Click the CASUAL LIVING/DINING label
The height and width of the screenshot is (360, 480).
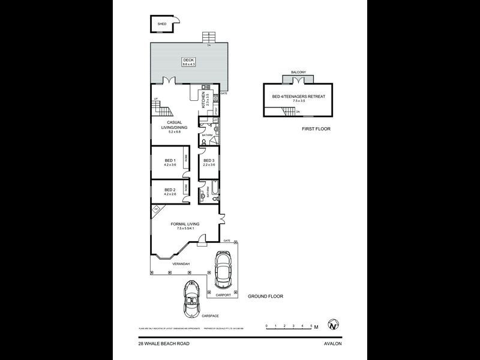click(x=174, y=127)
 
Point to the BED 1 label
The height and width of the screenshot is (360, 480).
click(x=170, y=160)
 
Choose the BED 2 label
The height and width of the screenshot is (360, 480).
click(x=170, y=190)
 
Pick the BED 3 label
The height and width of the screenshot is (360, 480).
click(x=209, y=161)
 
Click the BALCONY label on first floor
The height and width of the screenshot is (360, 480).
click(x=299, y=73)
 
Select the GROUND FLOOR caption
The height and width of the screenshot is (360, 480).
click(x=267, y=296)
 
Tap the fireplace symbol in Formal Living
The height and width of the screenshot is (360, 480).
click(x=157, y=209)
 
